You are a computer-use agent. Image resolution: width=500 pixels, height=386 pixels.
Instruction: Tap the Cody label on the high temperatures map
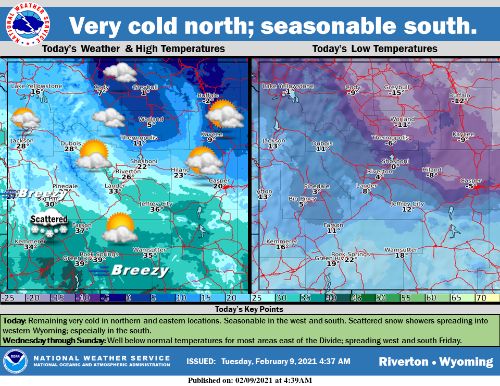(102, 87)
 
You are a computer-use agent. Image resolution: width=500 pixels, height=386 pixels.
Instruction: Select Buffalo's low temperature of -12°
(458, 101)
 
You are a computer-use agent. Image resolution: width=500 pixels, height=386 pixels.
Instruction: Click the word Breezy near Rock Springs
(140, 270)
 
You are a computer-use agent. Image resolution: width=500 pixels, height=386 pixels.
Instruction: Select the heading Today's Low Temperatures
(374, 49)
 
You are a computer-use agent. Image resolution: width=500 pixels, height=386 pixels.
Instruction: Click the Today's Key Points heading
(250, 309)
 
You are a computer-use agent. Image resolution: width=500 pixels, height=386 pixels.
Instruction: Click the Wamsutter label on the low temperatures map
(401, 249)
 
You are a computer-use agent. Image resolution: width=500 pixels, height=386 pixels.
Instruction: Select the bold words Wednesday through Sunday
(54, 341)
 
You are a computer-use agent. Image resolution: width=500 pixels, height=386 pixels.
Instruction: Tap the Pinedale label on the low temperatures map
(317, 186)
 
